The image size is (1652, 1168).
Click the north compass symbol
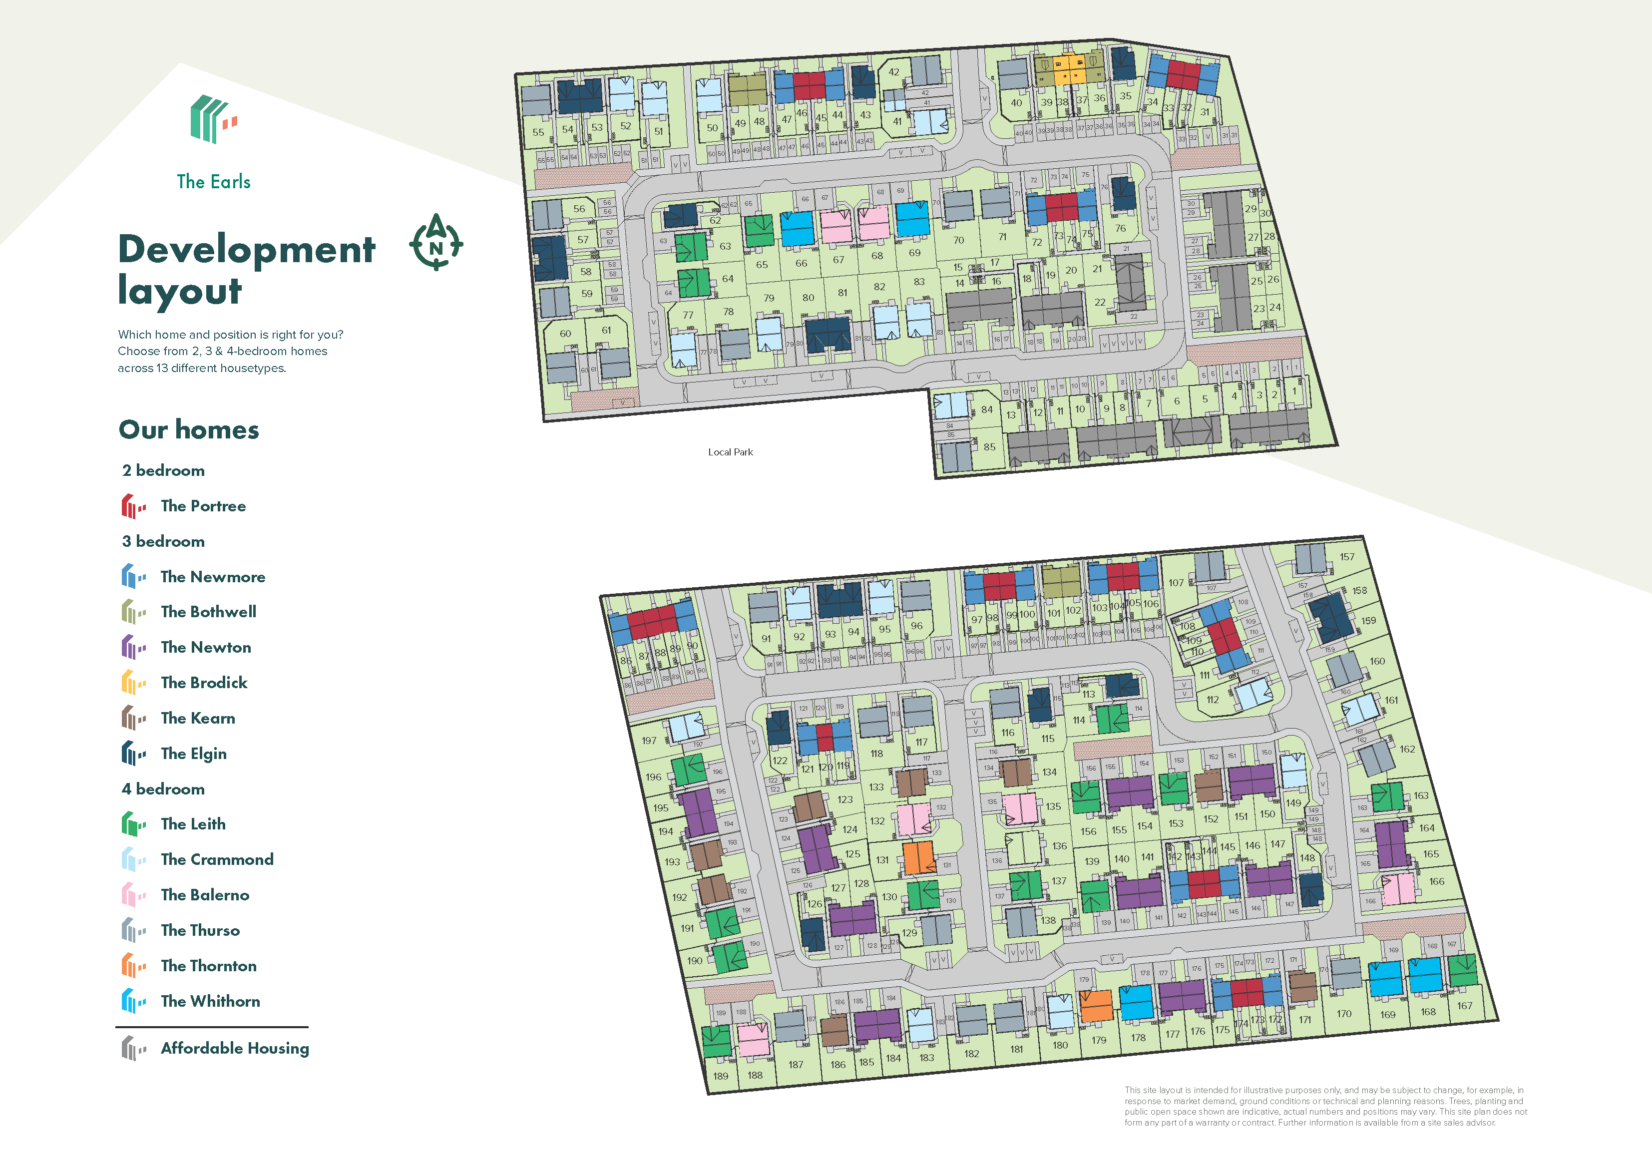[436, 243]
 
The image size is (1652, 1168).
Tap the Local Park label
[730, 452]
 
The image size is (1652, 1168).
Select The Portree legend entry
[203, 506]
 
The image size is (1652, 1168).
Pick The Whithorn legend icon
[132, 1001]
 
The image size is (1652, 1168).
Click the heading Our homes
[188, 429]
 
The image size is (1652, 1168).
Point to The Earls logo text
[214, 181]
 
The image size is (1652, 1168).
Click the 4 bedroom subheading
[163, 789]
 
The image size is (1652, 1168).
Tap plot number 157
[1347, 556]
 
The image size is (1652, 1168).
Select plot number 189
[720, 1076]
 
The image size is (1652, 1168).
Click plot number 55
[538, 132]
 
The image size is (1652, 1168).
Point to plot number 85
[989, 447]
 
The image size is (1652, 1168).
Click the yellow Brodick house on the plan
[1070, 70]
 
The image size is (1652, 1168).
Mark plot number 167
[1464, 1005]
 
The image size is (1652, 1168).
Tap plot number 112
[1213, 700]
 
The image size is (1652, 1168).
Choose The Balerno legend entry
[205, 894]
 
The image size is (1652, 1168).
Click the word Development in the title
[247, 249]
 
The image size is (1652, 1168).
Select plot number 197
[649, 740]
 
